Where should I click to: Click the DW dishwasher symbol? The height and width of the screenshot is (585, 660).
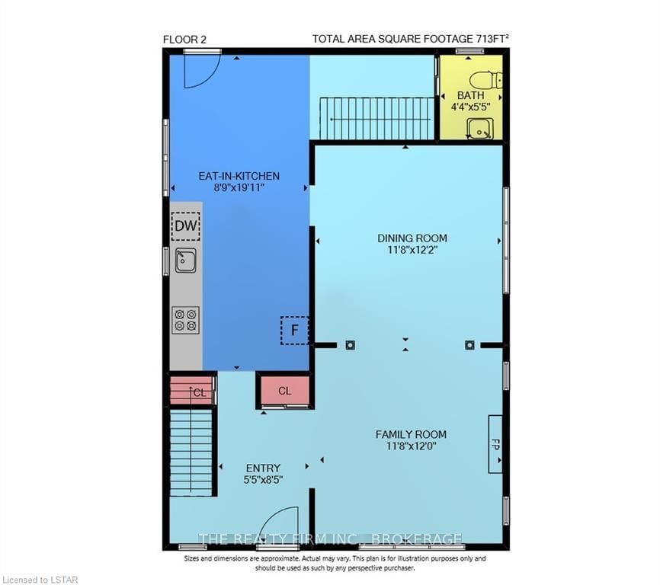[x=186, y=226]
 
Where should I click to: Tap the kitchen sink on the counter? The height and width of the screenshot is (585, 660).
[x=186, y=261]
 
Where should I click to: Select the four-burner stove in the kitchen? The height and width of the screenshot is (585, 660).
[x=186, y=320]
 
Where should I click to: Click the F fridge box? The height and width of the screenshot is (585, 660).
[x=295, y=331]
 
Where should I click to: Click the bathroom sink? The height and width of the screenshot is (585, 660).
[x=479, y=128]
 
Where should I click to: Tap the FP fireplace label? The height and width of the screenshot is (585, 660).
[x=495, y=445]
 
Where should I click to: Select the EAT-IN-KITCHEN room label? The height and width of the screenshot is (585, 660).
[x=239, y=176]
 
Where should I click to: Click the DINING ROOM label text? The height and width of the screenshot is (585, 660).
[x=412, y=238]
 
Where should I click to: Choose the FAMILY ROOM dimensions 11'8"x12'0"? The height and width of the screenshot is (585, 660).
[x=412, y=446]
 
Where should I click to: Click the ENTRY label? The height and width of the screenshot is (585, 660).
[x=263, y=468]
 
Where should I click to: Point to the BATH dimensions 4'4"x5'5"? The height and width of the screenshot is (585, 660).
[x=470, y=107]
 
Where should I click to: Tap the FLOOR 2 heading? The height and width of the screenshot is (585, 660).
[x=184, y=40]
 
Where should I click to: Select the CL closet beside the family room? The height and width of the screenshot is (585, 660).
[x=284, y=391]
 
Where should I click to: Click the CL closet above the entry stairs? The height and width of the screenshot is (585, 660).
[x=192, y=390]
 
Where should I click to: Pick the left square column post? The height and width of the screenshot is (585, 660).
[x=351, y=345]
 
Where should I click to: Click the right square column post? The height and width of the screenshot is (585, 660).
[x=469, y=345]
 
